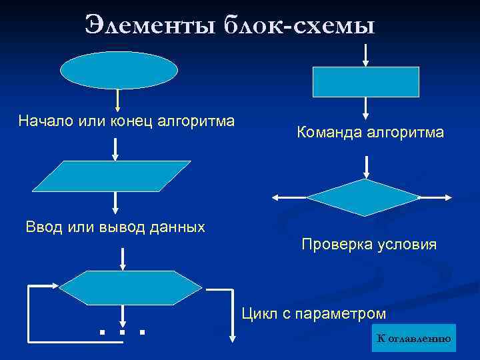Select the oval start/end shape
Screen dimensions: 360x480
119,71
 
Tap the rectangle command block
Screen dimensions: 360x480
366,82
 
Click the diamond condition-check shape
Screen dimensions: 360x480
364,197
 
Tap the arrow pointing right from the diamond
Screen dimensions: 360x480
437,197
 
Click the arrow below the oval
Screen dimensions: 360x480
118,101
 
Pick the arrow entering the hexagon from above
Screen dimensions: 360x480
123,259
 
